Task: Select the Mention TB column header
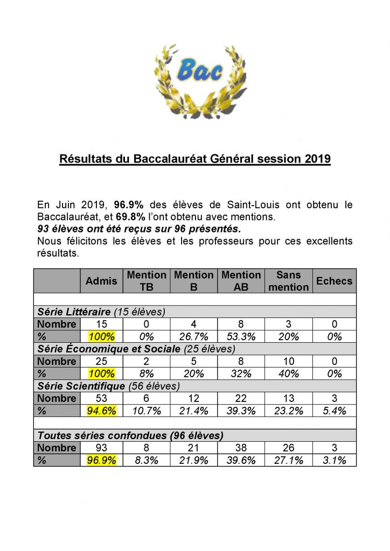[147, 281]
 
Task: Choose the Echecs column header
[334, 281]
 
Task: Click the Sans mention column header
[289, 281]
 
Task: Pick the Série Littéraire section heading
[73, 312]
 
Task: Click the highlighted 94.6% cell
[101, 411]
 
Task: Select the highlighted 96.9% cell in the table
[101, 461]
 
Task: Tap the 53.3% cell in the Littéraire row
[241, 337]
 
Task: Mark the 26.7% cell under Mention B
[193, 337]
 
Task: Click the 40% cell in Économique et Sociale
[289, 374]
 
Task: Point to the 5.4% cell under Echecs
[334, 411]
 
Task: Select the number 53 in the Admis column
[101, 399]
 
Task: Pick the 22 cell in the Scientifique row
[241, 399]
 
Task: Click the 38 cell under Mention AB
[241, 448]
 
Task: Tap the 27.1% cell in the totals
[289, 461]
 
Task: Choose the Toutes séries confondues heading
[130, 436]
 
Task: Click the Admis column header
[101, 281]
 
